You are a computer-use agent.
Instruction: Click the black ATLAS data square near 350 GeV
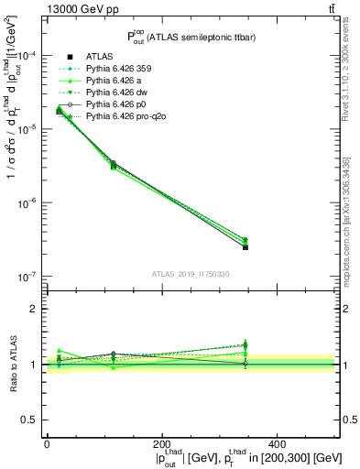click(245, 247)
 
